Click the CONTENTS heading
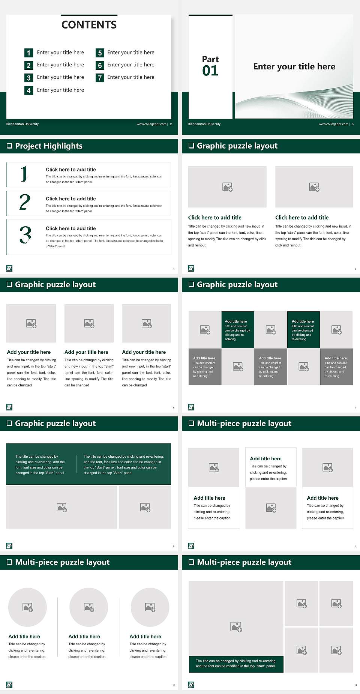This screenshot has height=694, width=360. (x=89, y=25)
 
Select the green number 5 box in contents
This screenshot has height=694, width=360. (x=100, y=53)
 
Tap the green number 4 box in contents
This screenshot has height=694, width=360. (x=28, y=90)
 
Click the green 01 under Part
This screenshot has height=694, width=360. (x=210, y=71)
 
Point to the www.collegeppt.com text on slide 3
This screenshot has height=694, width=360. (x=333, y=124)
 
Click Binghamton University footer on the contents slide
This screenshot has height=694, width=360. (x=22, y=124)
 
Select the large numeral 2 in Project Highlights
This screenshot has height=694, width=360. (x=25, y=203)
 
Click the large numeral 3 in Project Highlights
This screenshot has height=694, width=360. (x=25, y=235)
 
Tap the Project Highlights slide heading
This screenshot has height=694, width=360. (x=48, y=146)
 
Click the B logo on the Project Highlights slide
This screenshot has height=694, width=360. (x=9, y=268)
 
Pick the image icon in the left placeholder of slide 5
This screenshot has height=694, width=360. (x=227, y=187)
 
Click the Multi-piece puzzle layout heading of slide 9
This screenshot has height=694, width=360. (x=244, y=424)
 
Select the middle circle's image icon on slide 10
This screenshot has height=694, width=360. (x=89, y=607)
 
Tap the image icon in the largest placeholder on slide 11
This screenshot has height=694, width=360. (x=236, y=626)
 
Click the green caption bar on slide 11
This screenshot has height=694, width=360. (x=236, y=664)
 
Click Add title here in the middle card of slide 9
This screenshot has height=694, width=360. (x=265, y=459)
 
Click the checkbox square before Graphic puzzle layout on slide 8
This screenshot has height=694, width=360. (x=10, y=424)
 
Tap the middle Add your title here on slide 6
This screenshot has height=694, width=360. (x=86, y=352)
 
